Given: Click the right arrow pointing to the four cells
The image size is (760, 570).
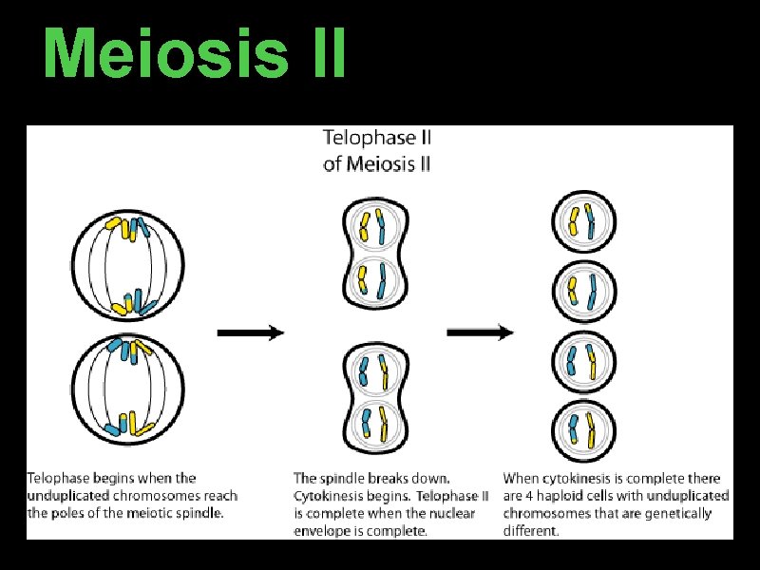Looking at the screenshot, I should coord(481,332).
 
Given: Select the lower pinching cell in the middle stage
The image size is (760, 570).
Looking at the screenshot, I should coord(372,396).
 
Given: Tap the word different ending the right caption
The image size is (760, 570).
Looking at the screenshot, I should coord(530,531).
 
